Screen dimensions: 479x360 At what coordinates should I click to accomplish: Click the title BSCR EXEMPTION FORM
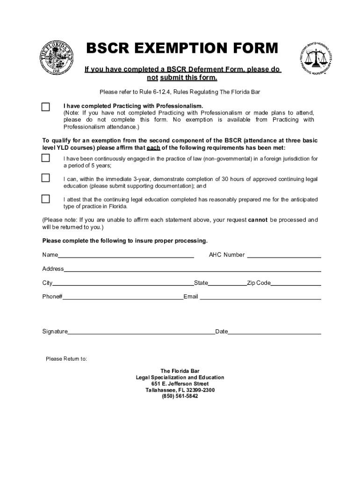pos(181,48)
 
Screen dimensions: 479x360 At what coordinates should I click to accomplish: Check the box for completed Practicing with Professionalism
pos(45,107)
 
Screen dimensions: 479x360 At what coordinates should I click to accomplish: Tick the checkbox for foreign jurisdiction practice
pos(45,158)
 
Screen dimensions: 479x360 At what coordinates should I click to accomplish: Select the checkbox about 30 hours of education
pos(45,178)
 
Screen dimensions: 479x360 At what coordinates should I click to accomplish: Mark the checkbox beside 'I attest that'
pos(45,199)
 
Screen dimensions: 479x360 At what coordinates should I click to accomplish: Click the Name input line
pos(126,255)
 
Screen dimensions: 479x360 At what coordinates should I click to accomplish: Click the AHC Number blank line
pos(283,255)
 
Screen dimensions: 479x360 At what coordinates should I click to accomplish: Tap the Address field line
pos(192,269)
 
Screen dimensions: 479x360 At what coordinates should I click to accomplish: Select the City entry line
pos(123,283)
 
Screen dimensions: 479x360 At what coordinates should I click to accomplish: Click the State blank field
pos(227,283)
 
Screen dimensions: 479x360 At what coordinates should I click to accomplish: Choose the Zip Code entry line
pos(295,283)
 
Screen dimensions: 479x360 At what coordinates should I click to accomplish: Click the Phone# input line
pos(122,297)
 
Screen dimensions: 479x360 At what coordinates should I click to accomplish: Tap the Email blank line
pos(260,297)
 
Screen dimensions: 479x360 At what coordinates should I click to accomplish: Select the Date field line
pos(274,332)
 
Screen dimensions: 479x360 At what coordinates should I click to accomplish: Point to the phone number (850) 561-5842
pos(180,396)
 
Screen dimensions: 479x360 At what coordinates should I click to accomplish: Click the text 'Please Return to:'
pos(66,359)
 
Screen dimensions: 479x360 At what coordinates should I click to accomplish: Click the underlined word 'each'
pos(153,147)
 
